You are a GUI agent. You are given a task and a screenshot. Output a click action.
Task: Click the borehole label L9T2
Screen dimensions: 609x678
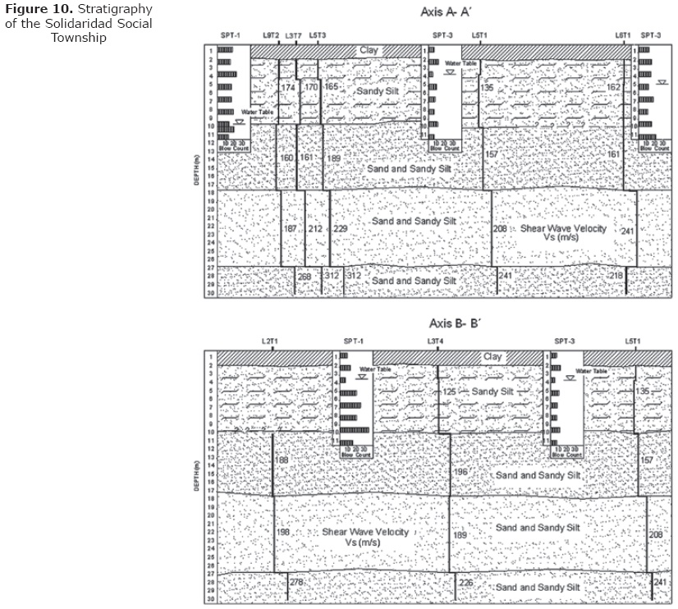coord(272,35)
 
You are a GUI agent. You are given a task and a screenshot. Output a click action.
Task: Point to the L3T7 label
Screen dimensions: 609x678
coord(293,35)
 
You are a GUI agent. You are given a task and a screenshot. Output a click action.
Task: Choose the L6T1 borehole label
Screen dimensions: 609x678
coord(623,35)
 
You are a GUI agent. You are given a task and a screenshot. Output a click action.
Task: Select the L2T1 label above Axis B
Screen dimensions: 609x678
coord(271,341)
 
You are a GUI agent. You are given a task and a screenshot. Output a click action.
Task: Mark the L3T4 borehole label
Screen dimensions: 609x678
coord(436,341)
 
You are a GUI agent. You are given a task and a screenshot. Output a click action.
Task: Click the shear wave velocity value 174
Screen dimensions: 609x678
coord(288,88)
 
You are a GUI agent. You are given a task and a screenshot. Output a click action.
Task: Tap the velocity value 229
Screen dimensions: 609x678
coord(341,228)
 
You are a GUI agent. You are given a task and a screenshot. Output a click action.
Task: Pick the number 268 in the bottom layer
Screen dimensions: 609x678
coord(305,277)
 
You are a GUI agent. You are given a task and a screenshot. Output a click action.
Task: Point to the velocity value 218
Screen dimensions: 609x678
coord(616,276)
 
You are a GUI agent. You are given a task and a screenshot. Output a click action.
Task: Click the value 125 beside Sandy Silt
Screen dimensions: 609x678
coord(449,392)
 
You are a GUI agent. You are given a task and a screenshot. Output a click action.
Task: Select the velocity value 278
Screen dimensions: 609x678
coord(297,582)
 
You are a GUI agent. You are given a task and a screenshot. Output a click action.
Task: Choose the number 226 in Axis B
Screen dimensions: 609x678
coord(465,583)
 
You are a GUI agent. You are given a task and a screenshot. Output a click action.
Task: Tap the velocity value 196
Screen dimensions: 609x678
coord(460,472)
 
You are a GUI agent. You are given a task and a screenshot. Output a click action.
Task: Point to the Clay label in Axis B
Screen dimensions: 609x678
coord(492,357)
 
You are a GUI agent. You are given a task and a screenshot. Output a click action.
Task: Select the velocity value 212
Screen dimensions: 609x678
coord(316,228)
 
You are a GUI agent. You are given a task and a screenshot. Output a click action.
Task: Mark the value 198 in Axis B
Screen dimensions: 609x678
coord(283,533)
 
